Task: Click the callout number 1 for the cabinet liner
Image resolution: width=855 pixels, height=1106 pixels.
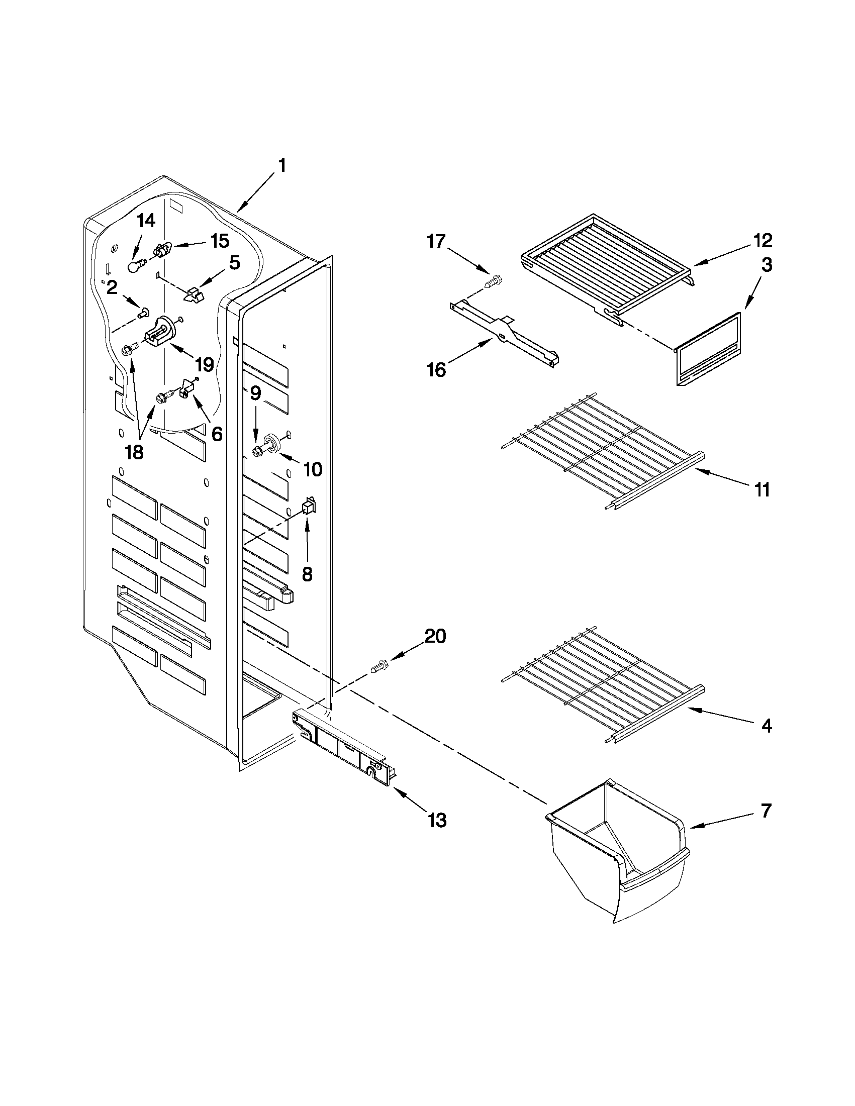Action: click(x=282, y=166)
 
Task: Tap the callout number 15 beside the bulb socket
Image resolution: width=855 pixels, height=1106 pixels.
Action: click(x=220, y=241)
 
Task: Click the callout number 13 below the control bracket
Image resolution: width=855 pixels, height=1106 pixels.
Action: click(x=437, y=820)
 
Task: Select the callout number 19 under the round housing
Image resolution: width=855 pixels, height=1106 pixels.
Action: click(x=205, y=364)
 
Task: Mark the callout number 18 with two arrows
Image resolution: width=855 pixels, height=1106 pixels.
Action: click(x=134, y=452)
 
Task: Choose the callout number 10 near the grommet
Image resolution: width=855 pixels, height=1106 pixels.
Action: click(x=313, y=469)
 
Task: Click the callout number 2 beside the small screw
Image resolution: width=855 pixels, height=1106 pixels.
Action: click(x=112, y=287)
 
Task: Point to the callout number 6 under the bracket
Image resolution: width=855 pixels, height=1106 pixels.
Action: click(x=217, y=434)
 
